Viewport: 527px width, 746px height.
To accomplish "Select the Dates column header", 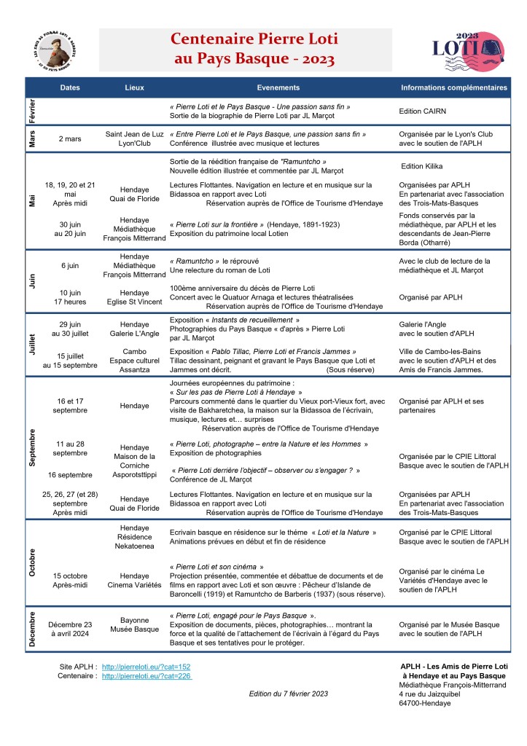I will click(70, 87).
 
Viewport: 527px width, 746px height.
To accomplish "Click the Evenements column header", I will click(278, 87).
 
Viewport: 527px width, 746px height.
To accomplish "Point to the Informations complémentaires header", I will click(454, 87).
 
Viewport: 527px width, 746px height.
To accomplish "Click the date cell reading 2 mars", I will click(70, 138).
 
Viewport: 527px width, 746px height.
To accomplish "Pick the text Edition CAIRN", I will click(423, 111).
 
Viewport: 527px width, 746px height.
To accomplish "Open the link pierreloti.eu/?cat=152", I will click(146, 667).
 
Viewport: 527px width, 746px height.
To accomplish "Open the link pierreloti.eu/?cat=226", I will click(146, 676).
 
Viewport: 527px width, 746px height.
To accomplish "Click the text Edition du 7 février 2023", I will click(289, 694).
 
